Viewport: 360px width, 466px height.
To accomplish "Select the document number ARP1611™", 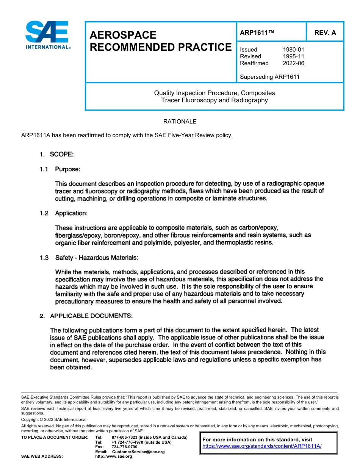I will (x=257, y=33).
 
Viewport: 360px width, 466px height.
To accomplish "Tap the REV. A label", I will (x=325, y=33).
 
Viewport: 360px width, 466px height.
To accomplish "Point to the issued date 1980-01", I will (x=293, y=50).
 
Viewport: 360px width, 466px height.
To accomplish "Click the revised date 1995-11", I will (x=293, y=56).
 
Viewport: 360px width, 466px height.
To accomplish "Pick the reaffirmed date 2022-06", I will (x=293, y=63).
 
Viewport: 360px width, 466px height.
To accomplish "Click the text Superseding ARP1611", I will (x=269, y=77).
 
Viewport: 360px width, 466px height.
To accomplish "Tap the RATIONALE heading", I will (x=180, y=122).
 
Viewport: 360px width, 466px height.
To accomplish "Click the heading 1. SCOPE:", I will (x=56, y=155).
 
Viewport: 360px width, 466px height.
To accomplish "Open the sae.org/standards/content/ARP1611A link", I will (x=262, y=446).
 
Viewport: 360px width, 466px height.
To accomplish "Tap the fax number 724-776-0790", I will (x=124, y=447).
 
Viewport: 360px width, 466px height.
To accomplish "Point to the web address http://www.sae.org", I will (x=114, y=457).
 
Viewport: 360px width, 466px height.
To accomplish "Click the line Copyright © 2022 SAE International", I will (x=54, y=419).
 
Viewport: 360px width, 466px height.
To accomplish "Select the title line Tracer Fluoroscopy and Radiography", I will (x=214, y=100).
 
